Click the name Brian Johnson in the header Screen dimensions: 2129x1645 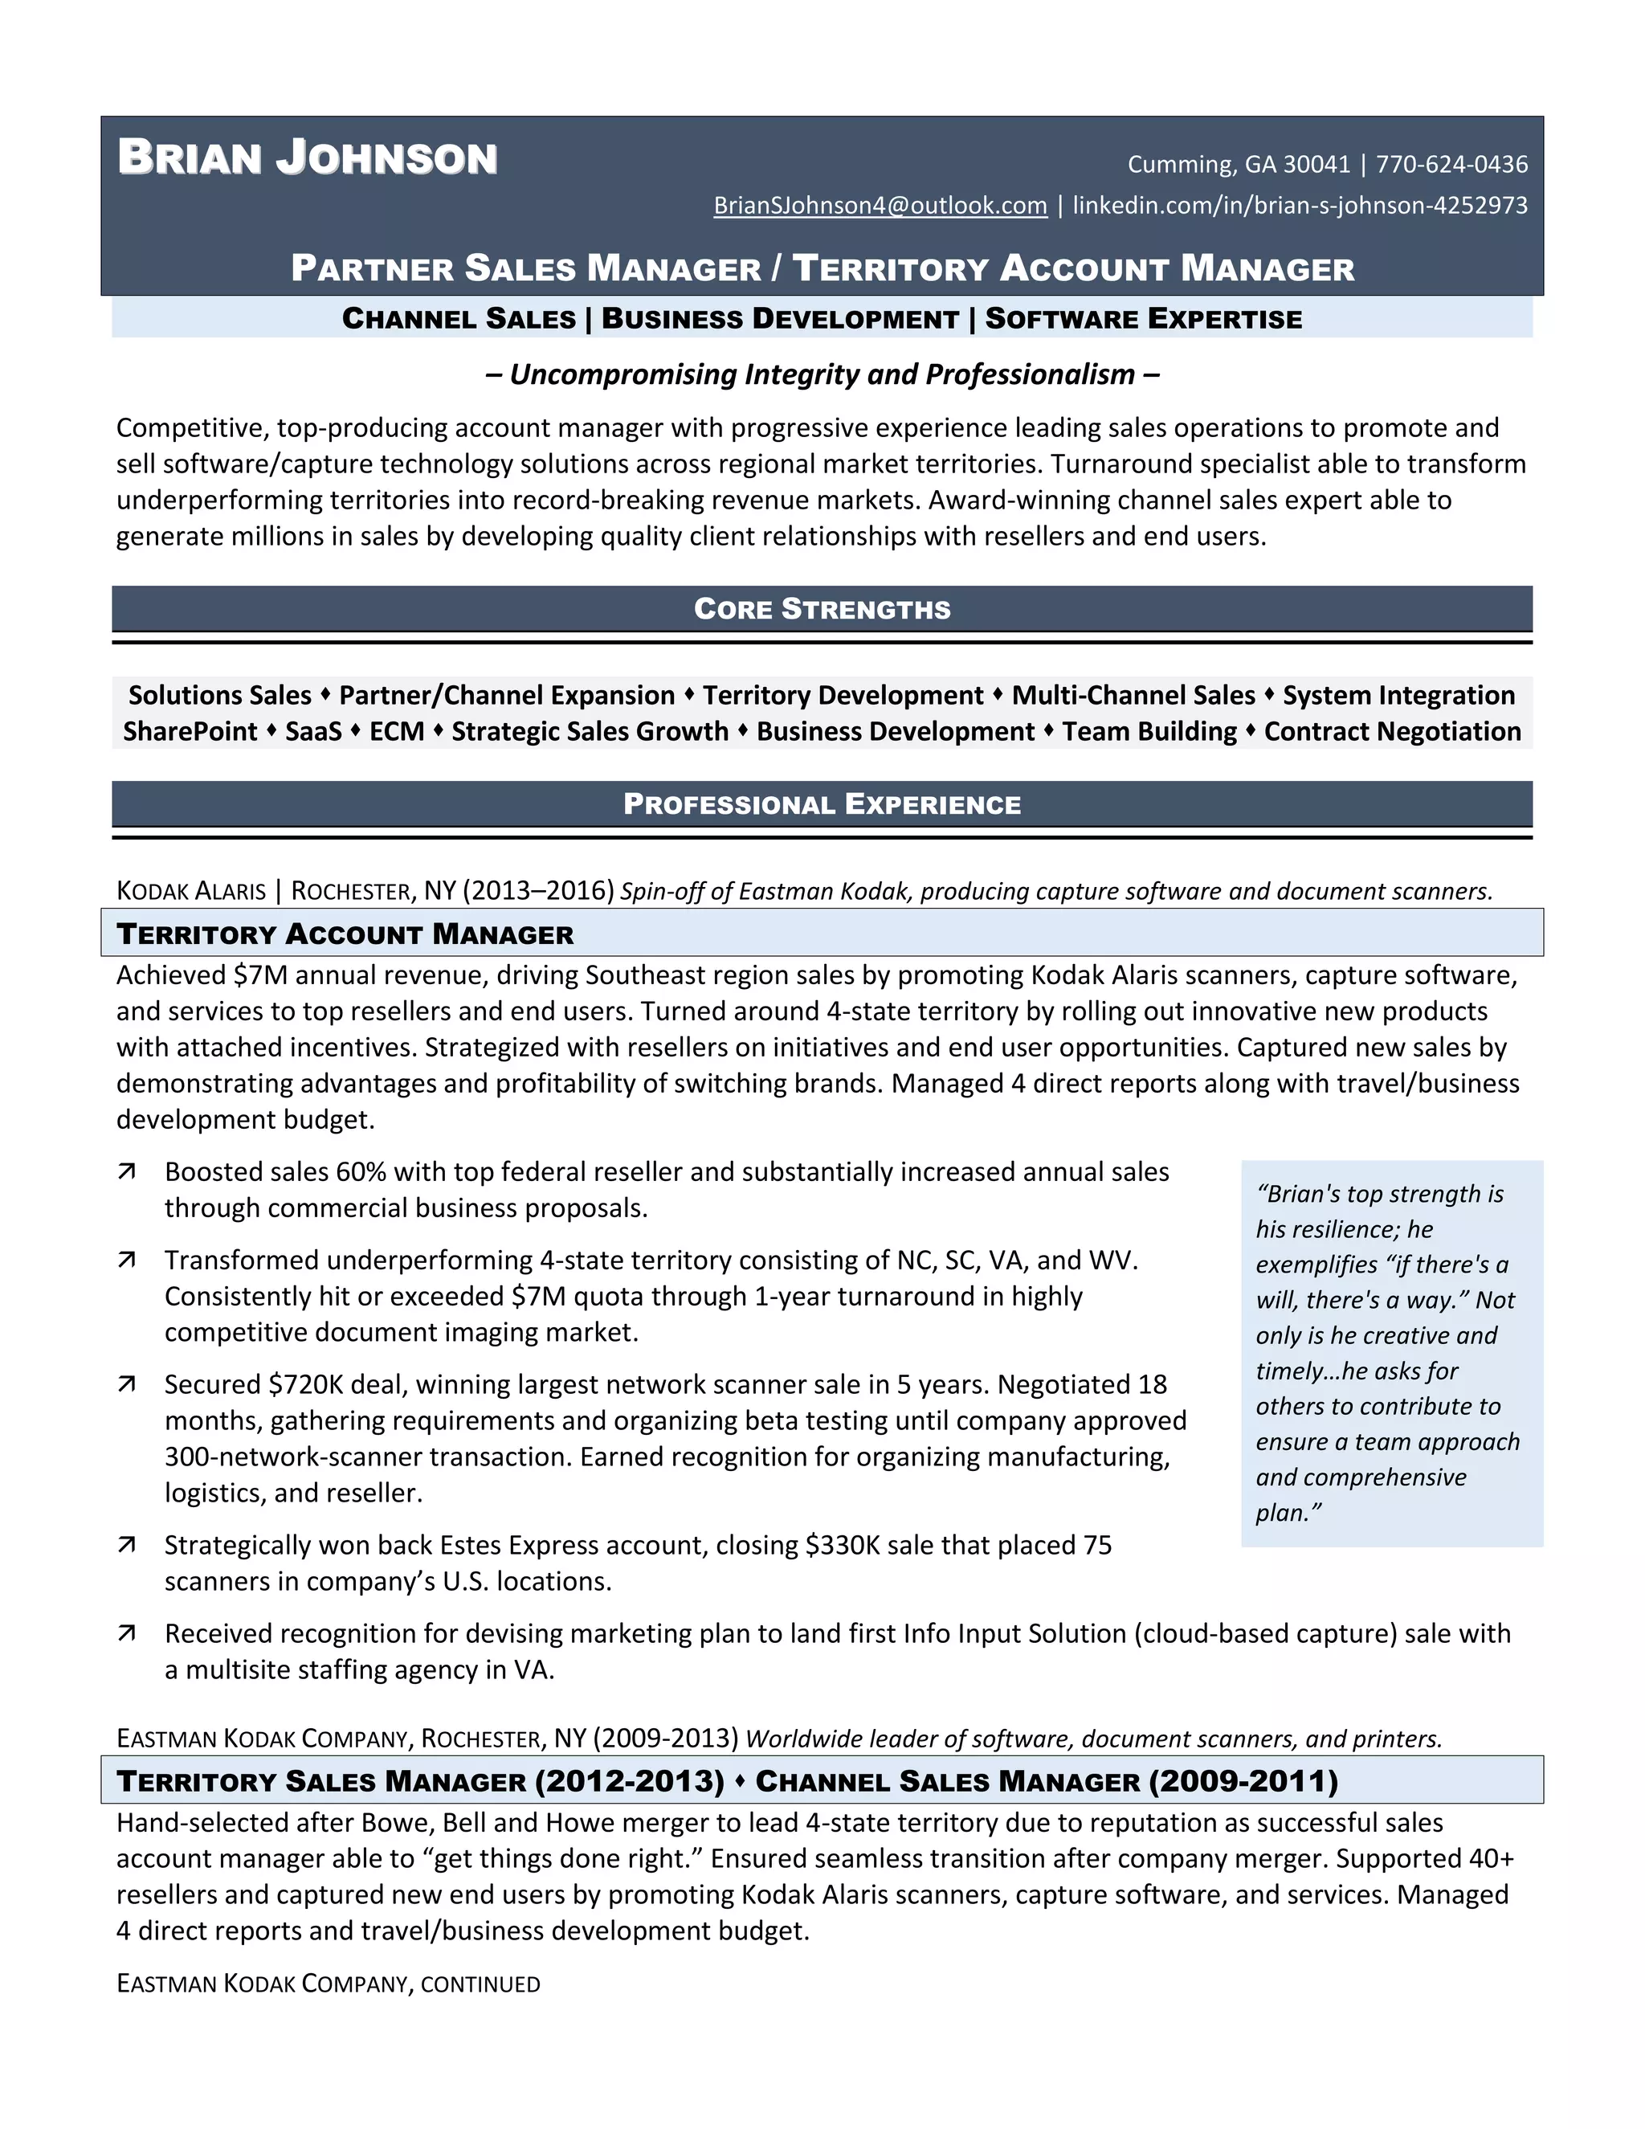click(x=307, y=158)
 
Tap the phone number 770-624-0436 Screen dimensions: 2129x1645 click(x=1451, y=164)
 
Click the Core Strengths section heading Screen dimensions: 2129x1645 click(x=822, y=608)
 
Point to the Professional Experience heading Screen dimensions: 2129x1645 click(x=822, y=804)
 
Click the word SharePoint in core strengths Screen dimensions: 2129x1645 click(x=190, y=731)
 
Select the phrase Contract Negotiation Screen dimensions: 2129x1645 click(x=1392, y=731)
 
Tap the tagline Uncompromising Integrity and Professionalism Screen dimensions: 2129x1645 click(x=822, y=374)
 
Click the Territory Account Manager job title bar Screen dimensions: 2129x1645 click(x=345, y=934)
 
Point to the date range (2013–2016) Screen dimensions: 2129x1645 click(x=538, y=890)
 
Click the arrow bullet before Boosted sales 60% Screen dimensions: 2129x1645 click(x=127, y=1171)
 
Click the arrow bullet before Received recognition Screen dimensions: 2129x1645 click(x=127, y=1634)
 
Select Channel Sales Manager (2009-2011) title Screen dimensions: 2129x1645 click(x=1046, y=1781)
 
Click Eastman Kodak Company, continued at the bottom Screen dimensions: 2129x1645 click(x=328, y=1984)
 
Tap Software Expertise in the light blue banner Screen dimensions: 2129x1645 click(x=1143, y=319)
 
